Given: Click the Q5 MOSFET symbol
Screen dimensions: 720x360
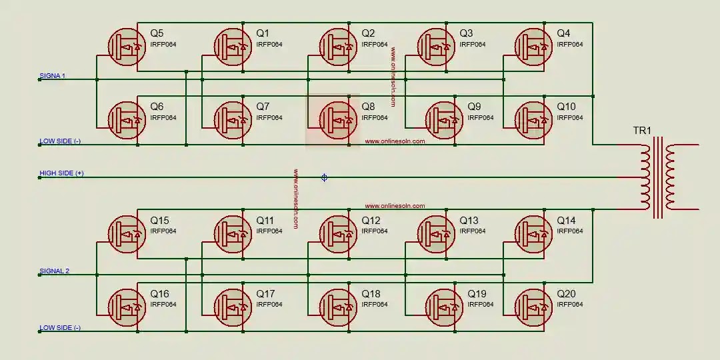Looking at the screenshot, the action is (x=127, y=46).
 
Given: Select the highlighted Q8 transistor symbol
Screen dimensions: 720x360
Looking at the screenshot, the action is (x=339, y=120).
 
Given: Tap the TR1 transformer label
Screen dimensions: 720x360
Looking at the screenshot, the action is (x=642, y=131).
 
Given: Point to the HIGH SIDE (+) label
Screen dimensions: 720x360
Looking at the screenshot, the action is (x=61, y=173).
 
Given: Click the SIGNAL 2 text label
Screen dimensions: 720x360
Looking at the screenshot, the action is (x=54, y=271).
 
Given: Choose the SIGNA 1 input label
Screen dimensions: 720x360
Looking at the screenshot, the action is (x=53, y=76).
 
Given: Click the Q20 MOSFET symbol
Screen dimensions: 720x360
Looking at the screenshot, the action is (x=534, y=307).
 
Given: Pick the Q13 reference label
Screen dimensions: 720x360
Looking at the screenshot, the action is (x=469, y=221).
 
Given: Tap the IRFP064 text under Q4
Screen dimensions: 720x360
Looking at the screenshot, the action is (x=570, y=45).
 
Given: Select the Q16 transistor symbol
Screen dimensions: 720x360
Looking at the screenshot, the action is (x=127, y=307).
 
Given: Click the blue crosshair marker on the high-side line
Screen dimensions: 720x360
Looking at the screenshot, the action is (x=325, y=177).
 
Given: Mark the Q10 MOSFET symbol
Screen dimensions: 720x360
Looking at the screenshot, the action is (x=534, y=120).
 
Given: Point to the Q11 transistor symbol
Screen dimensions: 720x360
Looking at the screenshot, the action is (x=233, y=234).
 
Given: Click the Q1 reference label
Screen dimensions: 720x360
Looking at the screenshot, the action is (x=263, y=33).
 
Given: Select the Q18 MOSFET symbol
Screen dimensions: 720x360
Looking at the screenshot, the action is (x=339, y=307).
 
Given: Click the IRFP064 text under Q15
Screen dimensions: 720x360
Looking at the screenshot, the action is (x=163, y=231).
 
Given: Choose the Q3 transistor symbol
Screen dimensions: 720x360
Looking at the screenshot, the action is (x=437, y=46).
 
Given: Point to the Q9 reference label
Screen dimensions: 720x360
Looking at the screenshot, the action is (x=474, y=107).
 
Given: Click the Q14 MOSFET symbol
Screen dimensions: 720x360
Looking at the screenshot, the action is (x=534, y=234).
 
